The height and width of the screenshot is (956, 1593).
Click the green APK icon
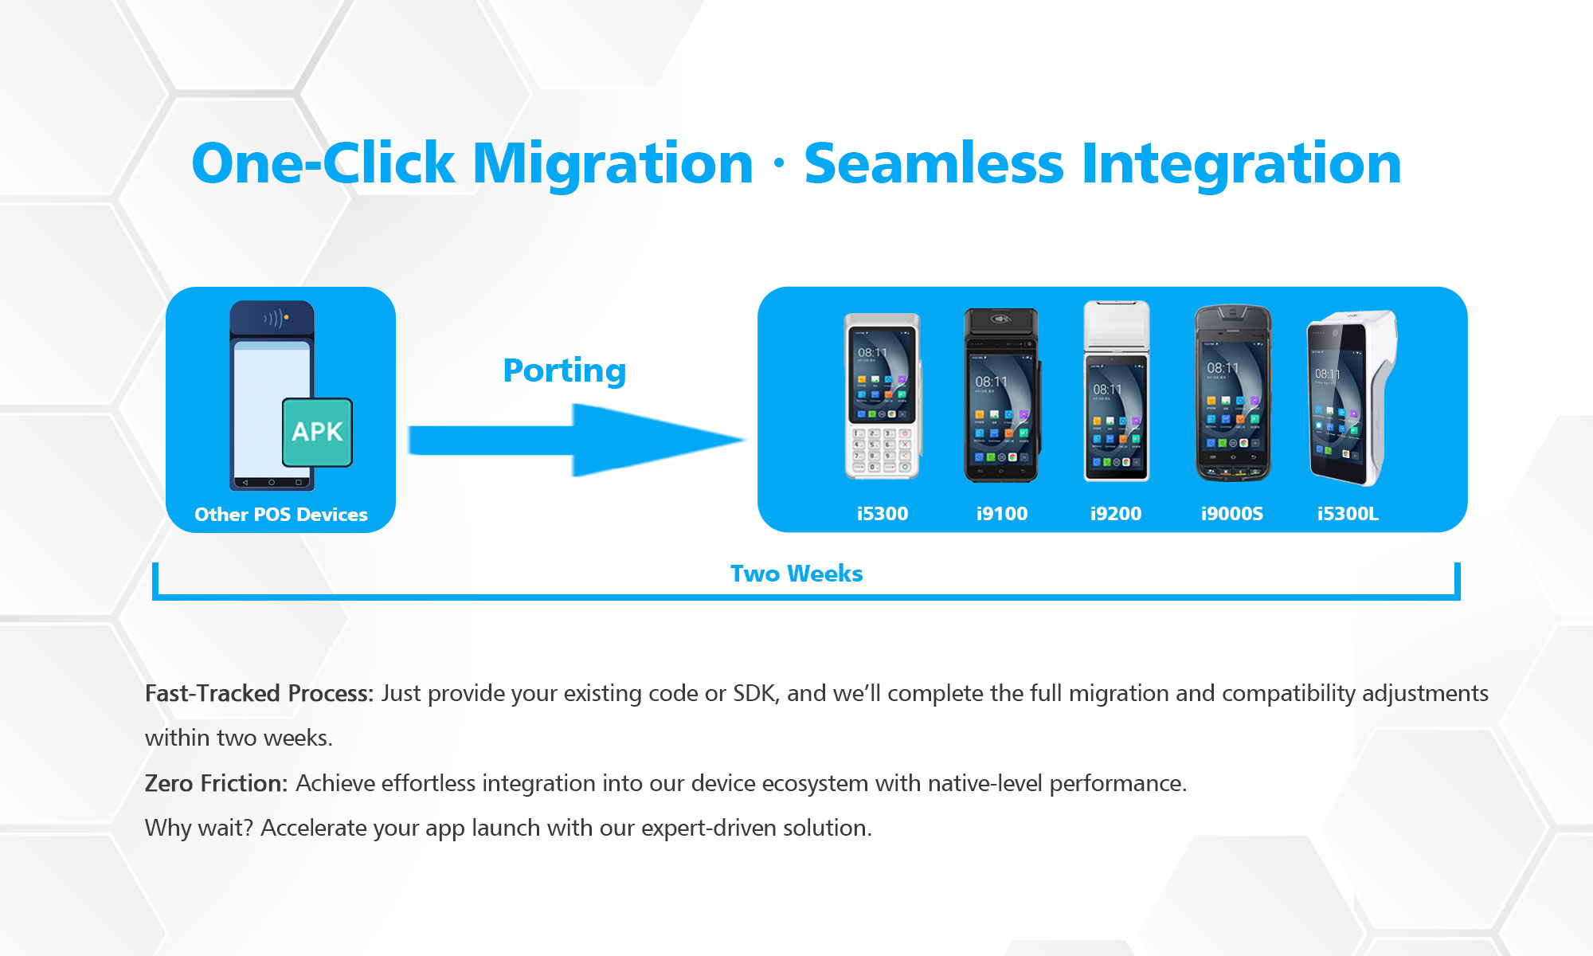coord(317,432)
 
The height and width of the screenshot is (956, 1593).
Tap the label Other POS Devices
coord(280,515)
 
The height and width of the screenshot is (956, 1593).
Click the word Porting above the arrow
coord(564,370)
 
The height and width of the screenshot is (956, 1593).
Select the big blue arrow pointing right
coord(577,440)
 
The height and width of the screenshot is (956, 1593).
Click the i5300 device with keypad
coord(882,396)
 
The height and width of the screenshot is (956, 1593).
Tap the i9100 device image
coord(1001,396)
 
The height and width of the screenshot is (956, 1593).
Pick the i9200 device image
coord(1116,392)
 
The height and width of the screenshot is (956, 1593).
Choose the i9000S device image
coord(1232,394)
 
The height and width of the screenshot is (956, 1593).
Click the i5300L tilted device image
coord(1350,398)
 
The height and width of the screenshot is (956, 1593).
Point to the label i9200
coord(1115,514)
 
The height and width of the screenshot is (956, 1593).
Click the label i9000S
coord(1231,514)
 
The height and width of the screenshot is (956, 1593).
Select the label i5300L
coord(1348,514)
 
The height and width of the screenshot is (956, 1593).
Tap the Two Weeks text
coord(796,574)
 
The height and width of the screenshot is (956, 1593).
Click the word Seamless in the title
coord(933,163)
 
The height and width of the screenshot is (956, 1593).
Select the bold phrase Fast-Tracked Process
coord(259,693)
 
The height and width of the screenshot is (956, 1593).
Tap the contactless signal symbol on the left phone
coord(273,319)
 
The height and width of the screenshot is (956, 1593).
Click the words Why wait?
coord(198,828)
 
